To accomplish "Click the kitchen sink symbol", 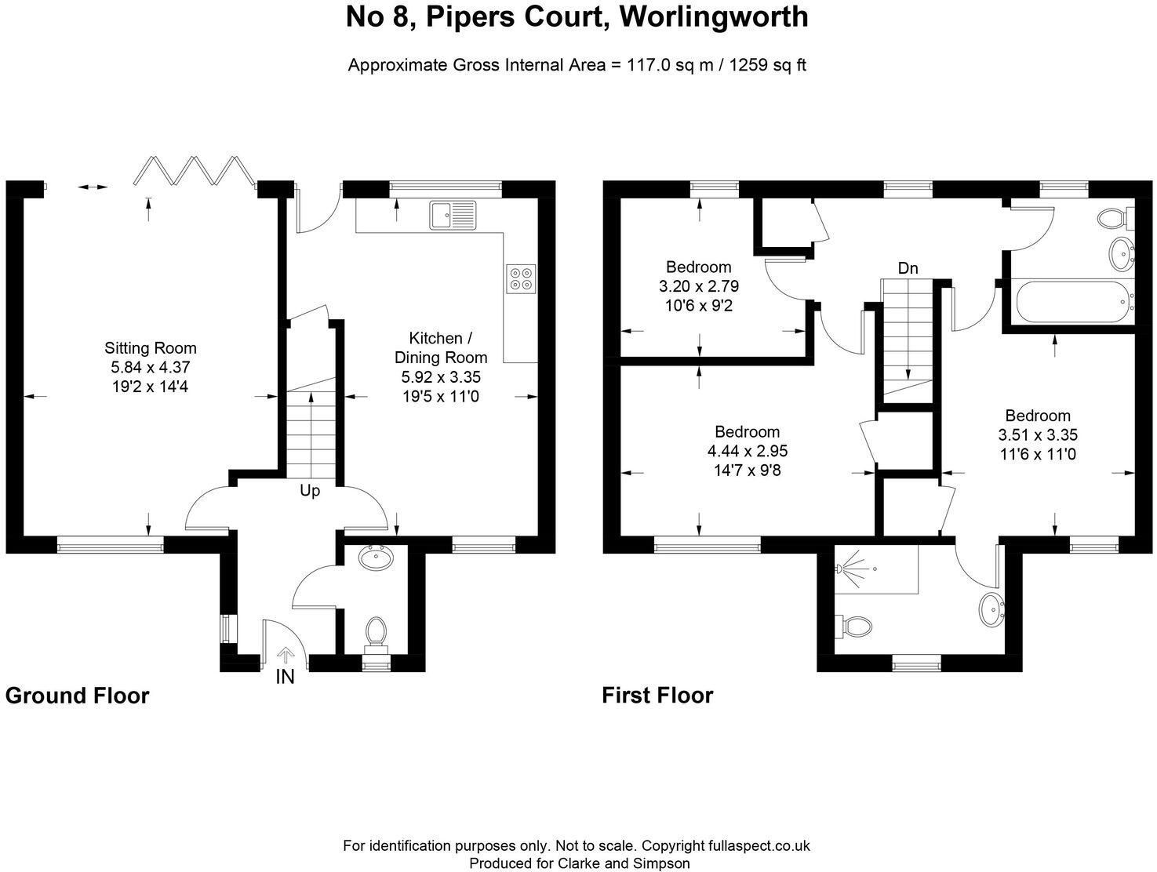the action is (x=453, y=215).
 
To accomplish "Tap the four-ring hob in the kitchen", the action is (x=521, y=278).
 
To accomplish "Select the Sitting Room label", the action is (x=151, y=347).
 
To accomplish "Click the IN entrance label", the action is (x=286, y=677).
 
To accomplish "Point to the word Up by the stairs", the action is (x=310, y=491).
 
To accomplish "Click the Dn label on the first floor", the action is (x=908, y=268).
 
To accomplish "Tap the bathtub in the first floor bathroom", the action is (x=1075, y=302).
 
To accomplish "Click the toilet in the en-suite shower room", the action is (x=854, y=626).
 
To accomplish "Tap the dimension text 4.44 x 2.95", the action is (x=748, y=451).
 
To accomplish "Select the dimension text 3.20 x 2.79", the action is (x=698, y=286).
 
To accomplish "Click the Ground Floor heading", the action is (x=78, y=696).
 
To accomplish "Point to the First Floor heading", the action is (x=657, y=696).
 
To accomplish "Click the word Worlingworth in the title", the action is (x=714, y=17).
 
